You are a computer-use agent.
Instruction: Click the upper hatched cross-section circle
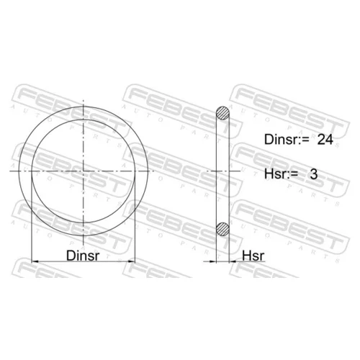point(222,113)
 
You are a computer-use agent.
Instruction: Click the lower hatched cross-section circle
point(222,228)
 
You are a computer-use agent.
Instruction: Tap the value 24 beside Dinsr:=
point(325,140)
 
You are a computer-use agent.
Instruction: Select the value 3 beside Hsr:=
point(314,174)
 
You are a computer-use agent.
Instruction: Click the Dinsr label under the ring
point(83,256)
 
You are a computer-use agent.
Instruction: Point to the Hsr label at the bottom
point(253,256)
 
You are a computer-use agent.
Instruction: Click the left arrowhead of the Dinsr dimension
point(35,261)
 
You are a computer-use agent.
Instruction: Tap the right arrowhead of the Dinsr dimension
point(132,261)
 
